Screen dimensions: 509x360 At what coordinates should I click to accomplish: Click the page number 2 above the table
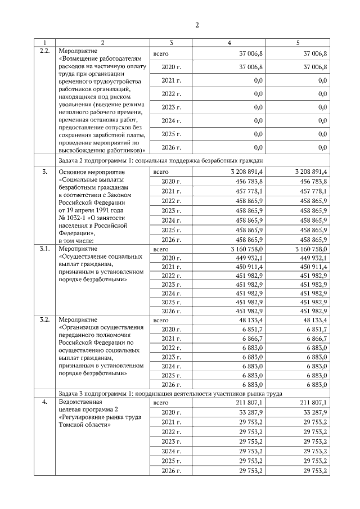click(197, 25)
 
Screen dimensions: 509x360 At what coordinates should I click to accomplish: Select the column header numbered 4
click(228, 43)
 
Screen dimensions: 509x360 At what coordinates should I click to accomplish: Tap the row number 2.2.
click(46, 51)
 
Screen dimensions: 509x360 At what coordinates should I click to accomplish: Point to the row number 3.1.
click(46, 248)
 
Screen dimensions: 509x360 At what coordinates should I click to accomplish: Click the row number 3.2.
click(46, 319)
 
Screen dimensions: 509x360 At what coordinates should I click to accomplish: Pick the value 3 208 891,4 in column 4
click(243, 170)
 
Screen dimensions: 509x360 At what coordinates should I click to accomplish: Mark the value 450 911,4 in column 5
click(314, 267)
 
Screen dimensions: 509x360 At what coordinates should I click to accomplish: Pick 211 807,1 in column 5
click(314, 402)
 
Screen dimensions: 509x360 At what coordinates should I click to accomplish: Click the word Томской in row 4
click(71, 425)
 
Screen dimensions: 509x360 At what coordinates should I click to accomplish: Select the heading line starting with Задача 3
click(169, 393)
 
